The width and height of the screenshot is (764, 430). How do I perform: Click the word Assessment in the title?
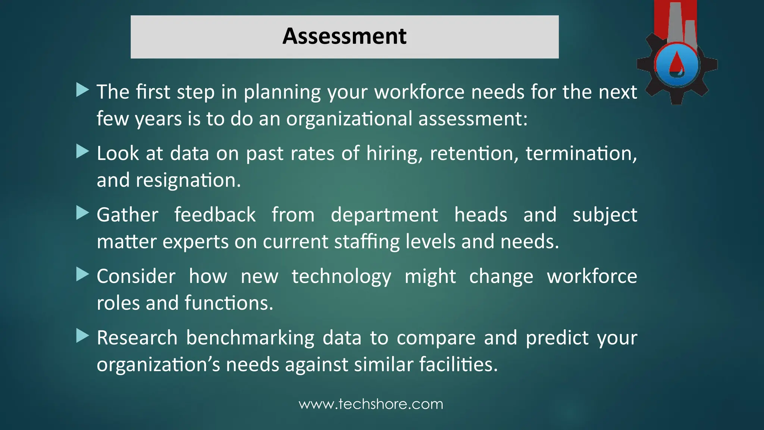coord(344,36)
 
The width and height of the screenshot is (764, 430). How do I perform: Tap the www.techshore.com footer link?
coord(371,404)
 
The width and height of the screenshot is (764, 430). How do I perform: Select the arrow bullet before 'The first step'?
coord(82,90)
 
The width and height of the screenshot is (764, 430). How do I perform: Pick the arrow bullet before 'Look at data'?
coord(82,152)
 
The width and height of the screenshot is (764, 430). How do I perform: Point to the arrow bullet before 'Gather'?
coord(82,213)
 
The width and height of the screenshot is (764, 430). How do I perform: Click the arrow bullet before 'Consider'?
coord(82,274)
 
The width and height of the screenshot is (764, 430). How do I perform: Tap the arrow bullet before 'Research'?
coord(82,336)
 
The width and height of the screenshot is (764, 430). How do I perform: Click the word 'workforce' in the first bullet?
coord(419,92)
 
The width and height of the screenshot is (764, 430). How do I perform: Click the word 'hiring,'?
coord(394,153)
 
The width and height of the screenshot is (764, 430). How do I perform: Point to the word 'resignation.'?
coord(188,180)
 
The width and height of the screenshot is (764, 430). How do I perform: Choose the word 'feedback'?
coord(215,215)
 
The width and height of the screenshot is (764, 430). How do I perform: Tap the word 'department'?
coord(384,215)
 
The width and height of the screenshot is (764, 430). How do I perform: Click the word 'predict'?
coord(557,338)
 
